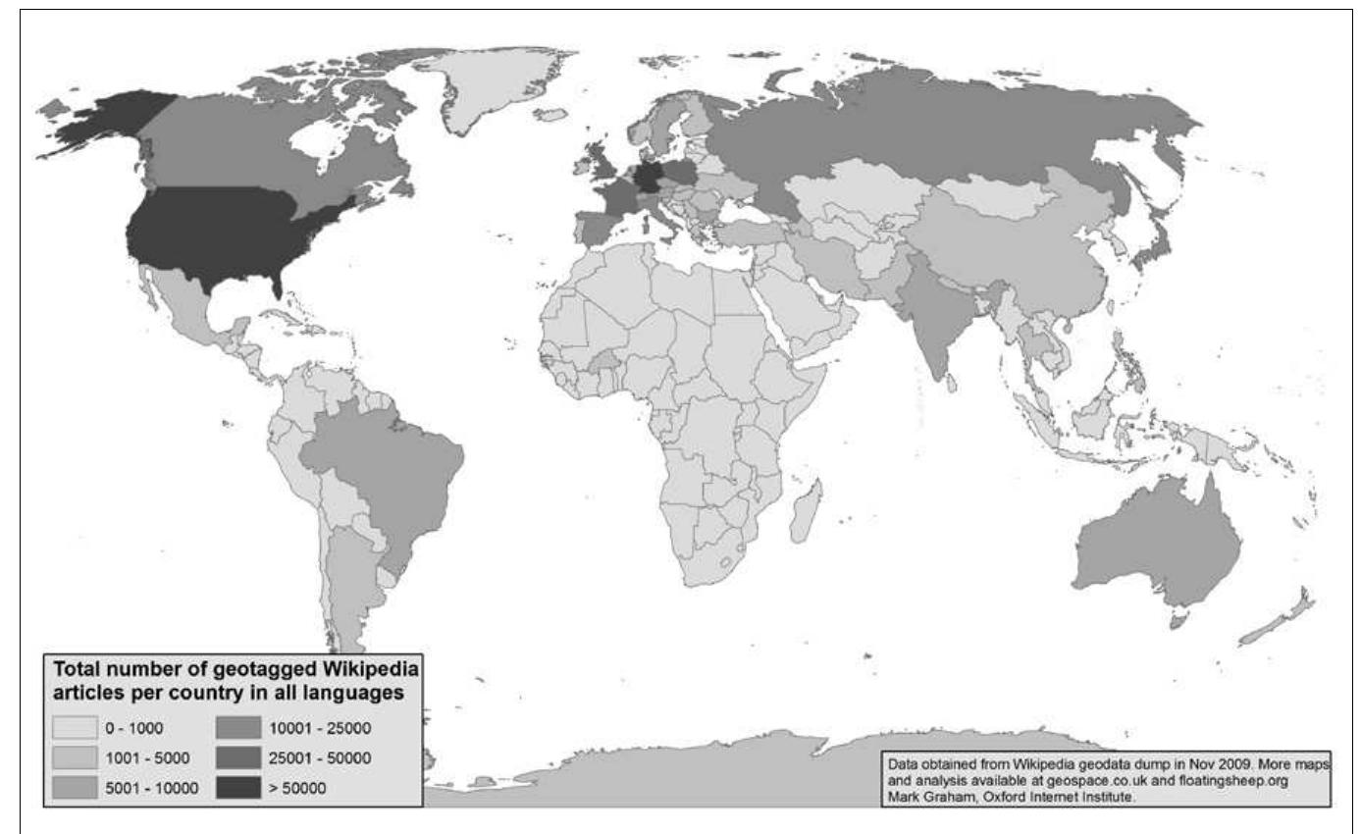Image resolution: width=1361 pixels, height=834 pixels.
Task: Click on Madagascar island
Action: tap(807, 508)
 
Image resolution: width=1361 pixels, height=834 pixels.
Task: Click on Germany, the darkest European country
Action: tap(646, 180)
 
